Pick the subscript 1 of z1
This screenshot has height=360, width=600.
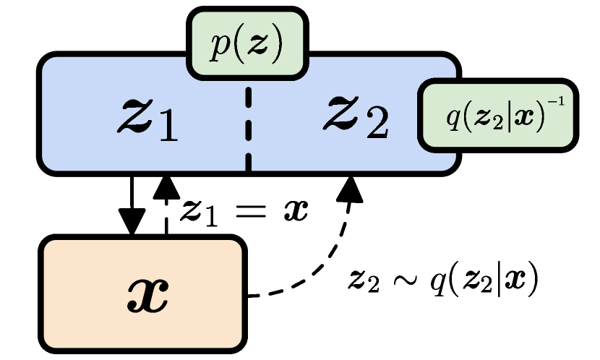pos(166,127)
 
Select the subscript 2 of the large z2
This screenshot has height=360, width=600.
pos(376,126)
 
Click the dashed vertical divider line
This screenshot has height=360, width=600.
pos(249,127)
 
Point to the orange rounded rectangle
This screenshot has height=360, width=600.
pos(142,293)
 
